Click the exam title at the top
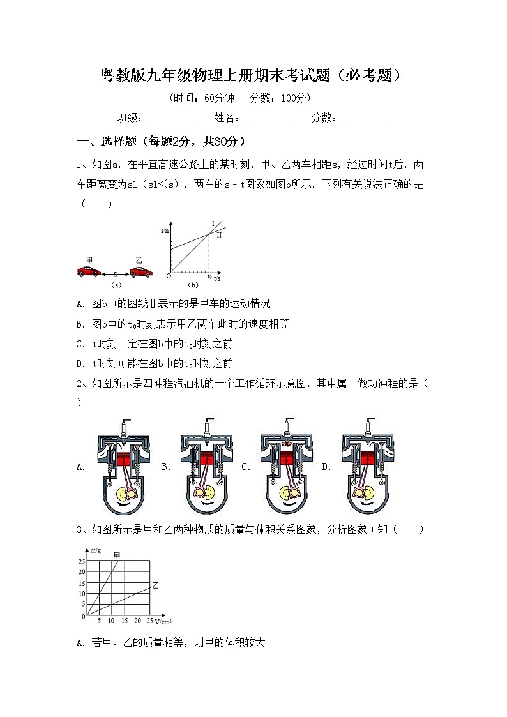[253, 76]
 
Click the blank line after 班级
[171, 119]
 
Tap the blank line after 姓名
[268, 119]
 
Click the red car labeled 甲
[88, 271]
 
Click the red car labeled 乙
[141, 271]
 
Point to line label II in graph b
[219, 235]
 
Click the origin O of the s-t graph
[168, 276]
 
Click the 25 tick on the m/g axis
[82, 561]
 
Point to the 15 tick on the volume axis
[124, 621]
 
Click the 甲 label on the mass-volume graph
[117, 555]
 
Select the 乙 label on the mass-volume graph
[155, 585]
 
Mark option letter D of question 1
[80, 364]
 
